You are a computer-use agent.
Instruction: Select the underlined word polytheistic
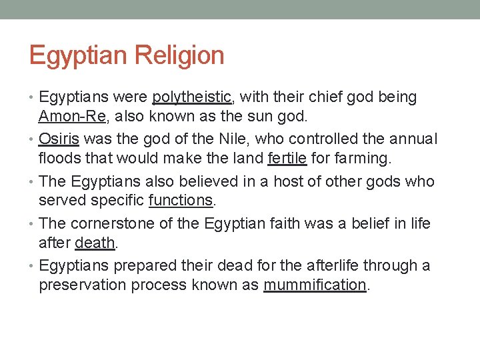click(x=191, y=97)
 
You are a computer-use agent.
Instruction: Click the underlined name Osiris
click(x=59, y=139)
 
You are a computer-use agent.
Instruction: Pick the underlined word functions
click(x=180, y=201)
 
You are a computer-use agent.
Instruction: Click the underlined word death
click(x=95, y=243)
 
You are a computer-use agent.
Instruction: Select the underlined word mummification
click(x=315, y=285)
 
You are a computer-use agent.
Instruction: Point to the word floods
click(x=58, y=159)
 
